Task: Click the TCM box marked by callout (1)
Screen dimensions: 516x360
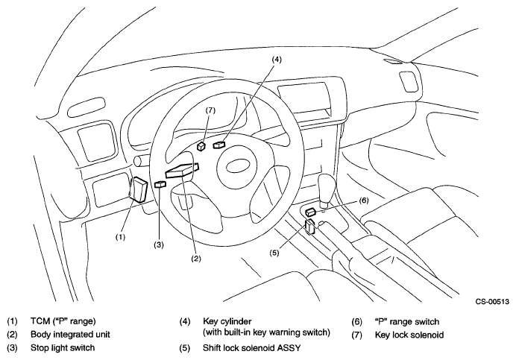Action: point(139,189)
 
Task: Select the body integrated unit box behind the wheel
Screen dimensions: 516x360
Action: point(182,170)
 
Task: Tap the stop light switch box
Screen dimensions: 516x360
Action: point(160,184)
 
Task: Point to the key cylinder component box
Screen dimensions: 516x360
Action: point(218,145)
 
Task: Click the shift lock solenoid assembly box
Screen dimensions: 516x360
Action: point(309,227)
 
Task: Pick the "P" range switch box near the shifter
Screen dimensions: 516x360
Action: point(311,212)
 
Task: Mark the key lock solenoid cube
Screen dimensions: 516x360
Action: point(201,146)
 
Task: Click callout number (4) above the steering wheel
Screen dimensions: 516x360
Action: point(277,60)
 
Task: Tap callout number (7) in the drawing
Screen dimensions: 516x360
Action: point(210,110)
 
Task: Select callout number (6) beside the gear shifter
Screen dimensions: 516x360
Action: point(363,200)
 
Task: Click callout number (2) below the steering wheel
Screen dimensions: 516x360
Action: point(196,259)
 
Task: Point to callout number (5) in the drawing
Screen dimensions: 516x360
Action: point(274,253)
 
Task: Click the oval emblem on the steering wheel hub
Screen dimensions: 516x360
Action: point(236,165)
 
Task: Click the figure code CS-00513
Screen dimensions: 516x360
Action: point(492,301)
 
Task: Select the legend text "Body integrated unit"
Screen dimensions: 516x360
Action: point(70,335)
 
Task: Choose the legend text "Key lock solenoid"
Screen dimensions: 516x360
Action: point(409,335)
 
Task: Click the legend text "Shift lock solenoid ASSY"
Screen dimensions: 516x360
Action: point(251,348)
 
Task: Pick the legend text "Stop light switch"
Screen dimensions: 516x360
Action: point(63,348)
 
